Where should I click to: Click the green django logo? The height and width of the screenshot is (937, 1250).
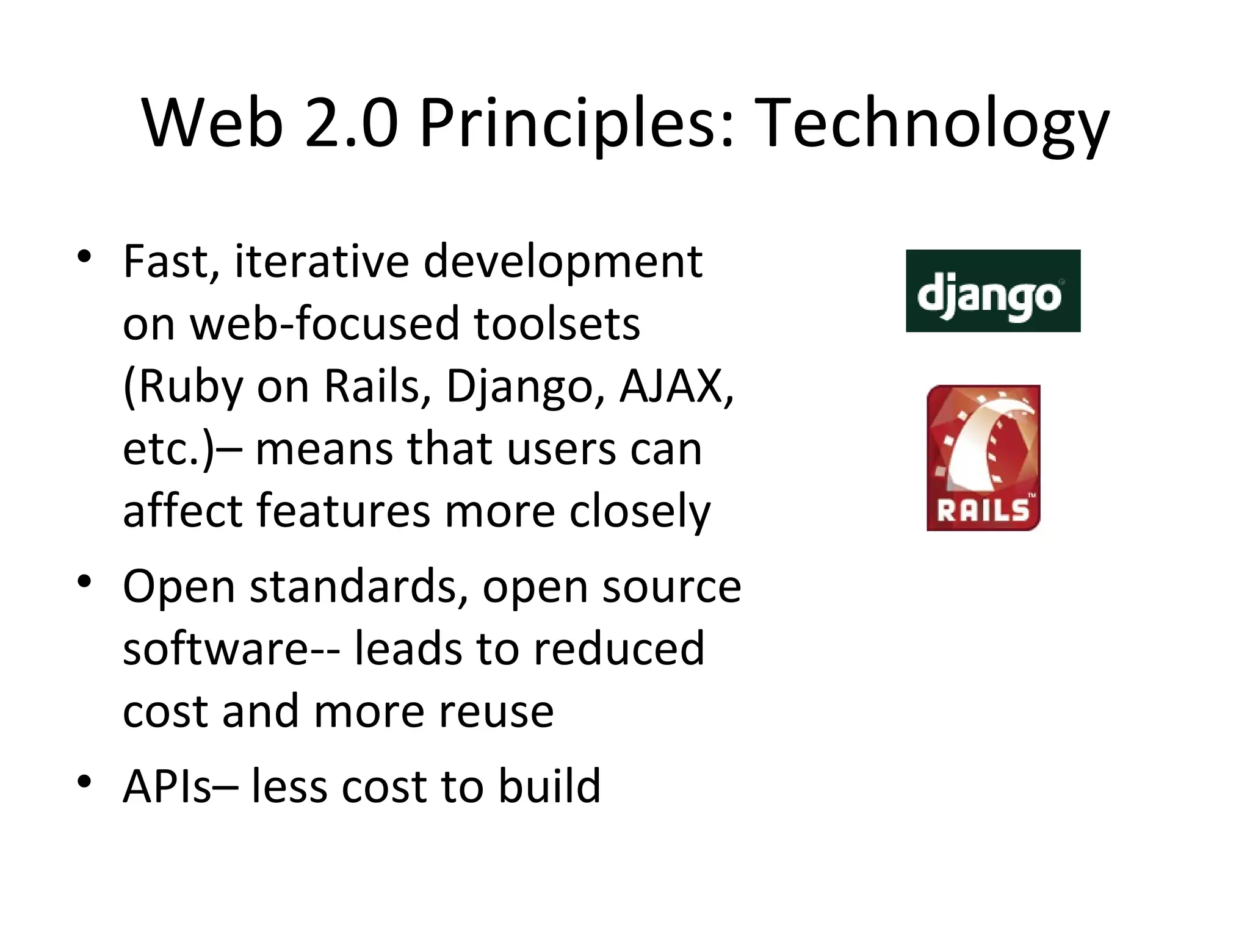(x=993, y=291)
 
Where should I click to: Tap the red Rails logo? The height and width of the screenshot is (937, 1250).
(x=983, y=458)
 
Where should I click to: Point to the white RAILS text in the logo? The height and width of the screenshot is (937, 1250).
(x=983, y=510)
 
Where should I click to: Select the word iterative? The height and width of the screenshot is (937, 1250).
(x=322, y=261)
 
